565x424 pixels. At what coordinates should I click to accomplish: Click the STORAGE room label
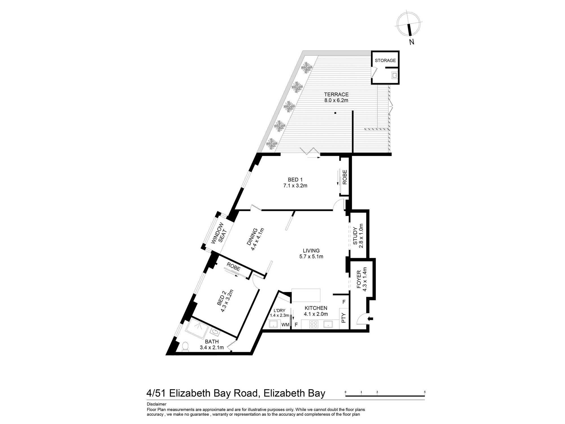[x=385, y=60]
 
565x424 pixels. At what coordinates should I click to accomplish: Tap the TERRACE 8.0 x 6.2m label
[x=336, y=97]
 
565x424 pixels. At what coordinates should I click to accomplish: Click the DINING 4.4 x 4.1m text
[x=255, y=239]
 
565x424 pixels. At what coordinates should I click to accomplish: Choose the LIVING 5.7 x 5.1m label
[x=311, y=254]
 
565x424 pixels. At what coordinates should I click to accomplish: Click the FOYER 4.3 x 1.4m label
[x=362, y=279]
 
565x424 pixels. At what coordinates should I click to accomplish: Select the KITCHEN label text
[x=316, y=308]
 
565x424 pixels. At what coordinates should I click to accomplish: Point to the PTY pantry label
[x=344, y=318]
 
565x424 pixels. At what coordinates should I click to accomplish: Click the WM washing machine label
[x=285, y=325]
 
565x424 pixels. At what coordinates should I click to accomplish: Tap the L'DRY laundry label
[x=279, y=311]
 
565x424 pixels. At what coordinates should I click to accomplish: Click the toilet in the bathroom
[x=185, y=347]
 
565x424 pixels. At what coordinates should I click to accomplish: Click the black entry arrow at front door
[x=370, y=319]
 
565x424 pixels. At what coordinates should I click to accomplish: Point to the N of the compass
[x=412, y=42]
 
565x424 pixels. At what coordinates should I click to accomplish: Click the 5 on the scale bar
[x=425, y=392]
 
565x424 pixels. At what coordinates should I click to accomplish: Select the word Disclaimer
[x=157, y=404]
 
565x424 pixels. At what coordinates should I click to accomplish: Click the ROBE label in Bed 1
[x=345, y=177]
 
